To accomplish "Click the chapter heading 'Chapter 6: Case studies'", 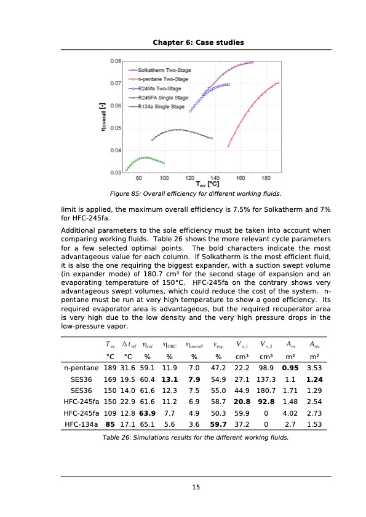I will tap(198, 42).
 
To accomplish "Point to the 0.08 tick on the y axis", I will tap(114, 61).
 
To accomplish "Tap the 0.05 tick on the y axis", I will tap(114, 128).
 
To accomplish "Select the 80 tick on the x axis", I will tap(140, 178).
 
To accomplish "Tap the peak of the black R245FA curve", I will tap(178, 130).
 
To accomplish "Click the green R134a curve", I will tap(145, 158).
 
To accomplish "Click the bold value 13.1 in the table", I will tap(169, 379).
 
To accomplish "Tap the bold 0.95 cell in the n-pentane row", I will tap(290, 368).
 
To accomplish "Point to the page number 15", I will tap(196, 488).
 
